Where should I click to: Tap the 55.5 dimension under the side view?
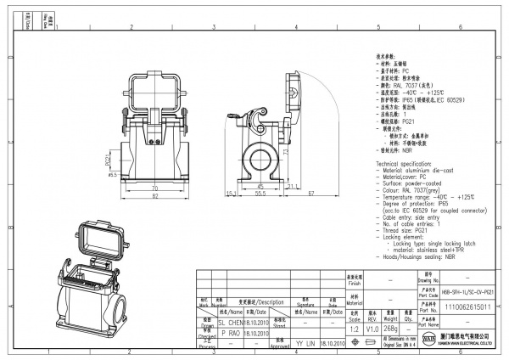[263, 193]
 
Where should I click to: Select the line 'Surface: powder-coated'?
[411, 181]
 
